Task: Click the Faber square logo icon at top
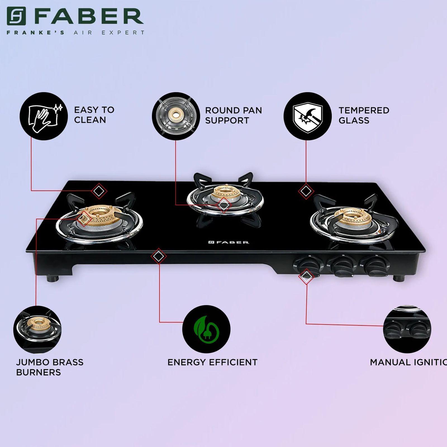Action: [x=16, y=16]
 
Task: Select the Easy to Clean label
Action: [x=94, y=115]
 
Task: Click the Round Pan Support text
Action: [x=233, y=115]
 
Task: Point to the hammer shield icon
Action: [x=307, y=116]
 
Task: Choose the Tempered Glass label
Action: [x=364, y=115]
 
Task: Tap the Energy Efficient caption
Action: [x=212, y=362]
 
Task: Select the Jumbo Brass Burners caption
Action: [x=50, y=367]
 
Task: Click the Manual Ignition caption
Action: [x=408, y=362]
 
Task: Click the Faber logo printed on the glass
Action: [x=229, y=242]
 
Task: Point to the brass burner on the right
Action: [x=353, y=217]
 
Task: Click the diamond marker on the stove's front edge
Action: [x=159, y=256]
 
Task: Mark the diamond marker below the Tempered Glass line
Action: [x=306, y=191]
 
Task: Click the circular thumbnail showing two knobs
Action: [x=407, y=329]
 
